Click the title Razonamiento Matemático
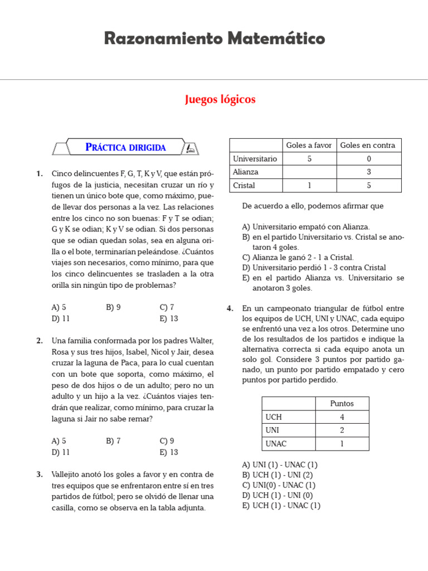tap(214, 38)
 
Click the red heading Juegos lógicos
tap(220, 99)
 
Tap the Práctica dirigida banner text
tap(125, 147)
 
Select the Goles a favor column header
tap(308, 145)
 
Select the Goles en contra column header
tap(368, 145)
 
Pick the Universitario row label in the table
tap(255, 159)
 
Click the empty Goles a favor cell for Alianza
tap(308, 172)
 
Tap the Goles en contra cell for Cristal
tap(368, 186)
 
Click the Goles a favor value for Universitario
tap(308, 159)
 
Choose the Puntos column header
tap(342, 403)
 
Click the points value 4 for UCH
tap(342, 417)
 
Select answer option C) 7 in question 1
tap(167, 307)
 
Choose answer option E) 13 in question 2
tap(168, 452)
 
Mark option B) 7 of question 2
tap(113, 441)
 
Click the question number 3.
tap(40, 475)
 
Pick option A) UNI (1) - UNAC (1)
tap(280, 464)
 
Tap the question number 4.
tap(230, 308)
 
